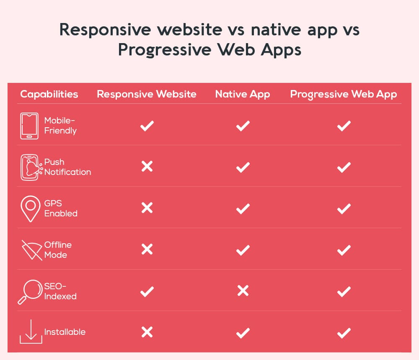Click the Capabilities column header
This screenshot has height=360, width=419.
(49, 94)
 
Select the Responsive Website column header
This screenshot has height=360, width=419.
(147, 94)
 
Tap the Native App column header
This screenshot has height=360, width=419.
(243, 94)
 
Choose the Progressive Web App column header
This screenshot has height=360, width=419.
(344, 94)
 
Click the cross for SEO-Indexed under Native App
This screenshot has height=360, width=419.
(243, 291)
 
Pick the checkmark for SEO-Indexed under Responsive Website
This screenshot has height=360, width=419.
(147, 291)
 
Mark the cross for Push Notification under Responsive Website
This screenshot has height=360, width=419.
(147, 167)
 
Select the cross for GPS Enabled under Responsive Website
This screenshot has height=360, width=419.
(147, 208)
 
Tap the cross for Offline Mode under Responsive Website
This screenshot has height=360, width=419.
(147, 249)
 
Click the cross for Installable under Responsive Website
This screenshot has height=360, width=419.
(147, 332)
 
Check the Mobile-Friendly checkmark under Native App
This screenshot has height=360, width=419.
(243, 126)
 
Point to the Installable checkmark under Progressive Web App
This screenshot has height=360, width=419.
(344, 333)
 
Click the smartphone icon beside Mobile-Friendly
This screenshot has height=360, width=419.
(29, 126)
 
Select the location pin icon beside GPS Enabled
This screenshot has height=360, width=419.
(30, 208)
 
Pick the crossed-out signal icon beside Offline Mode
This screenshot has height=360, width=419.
(32, 250)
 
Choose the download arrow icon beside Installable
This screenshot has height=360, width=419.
(31, 332)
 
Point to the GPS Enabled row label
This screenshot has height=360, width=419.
(61, 208)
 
